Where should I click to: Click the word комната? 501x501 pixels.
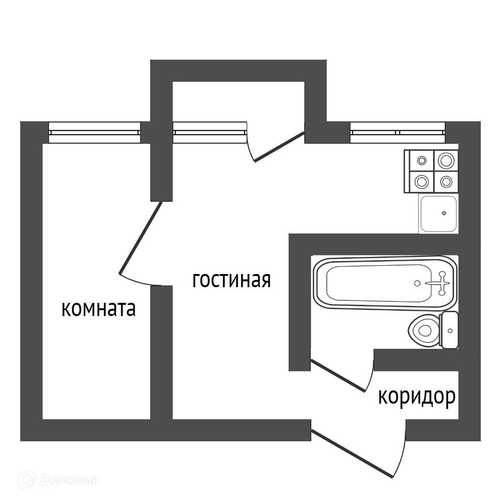98,309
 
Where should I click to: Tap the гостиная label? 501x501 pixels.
231,280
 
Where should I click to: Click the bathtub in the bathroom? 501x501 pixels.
377,283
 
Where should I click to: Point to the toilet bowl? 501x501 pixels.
423,331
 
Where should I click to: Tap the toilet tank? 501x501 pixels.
450,330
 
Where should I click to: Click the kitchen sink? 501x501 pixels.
438,214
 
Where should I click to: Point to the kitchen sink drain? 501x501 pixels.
444,213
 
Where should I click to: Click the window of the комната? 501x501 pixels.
94,132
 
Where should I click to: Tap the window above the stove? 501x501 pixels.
398,132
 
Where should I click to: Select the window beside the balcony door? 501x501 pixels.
209,132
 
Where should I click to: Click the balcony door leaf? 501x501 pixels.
279,147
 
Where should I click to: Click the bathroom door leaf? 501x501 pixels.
338,376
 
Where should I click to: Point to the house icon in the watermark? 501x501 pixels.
27,479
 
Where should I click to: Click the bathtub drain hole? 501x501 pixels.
417,283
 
